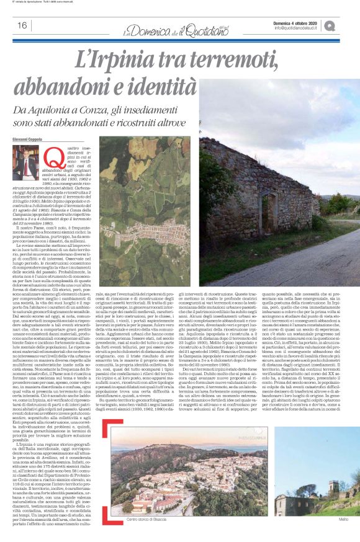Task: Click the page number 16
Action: [22, 25]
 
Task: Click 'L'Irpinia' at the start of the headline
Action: [108, 61]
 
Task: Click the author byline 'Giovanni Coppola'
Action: [27, 140]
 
